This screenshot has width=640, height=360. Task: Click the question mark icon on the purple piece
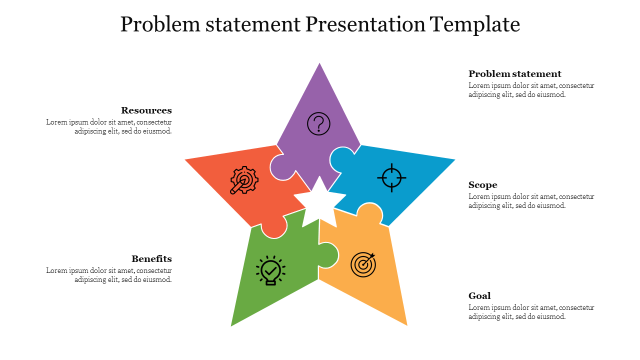point(318,123)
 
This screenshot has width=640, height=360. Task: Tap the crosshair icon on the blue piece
point(391,177)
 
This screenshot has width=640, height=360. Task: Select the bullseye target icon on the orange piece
point(363,265)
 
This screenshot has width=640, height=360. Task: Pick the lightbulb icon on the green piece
point(270,270)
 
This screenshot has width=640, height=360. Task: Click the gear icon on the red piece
point(244,180)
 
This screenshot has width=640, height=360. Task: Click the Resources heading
point(146,110)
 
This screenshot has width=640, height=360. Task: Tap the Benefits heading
point(151,259)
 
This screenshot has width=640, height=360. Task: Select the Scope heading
point(483,185)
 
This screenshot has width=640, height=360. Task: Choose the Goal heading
point(479,295)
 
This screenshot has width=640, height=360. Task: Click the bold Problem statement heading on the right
point(515,74)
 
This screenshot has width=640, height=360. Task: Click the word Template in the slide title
point(474,25)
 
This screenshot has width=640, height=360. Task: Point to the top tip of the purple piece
point(319,63)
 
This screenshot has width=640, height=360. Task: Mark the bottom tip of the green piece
point(231,325)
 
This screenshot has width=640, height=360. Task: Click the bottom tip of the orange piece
point(407,325)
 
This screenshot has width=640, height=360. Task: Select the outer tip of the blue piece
point(455,159)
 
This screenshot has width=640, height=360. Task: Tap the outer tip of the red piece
point(185,159)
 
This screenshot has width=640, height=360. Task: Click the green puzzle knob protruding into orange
point(328,255)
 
